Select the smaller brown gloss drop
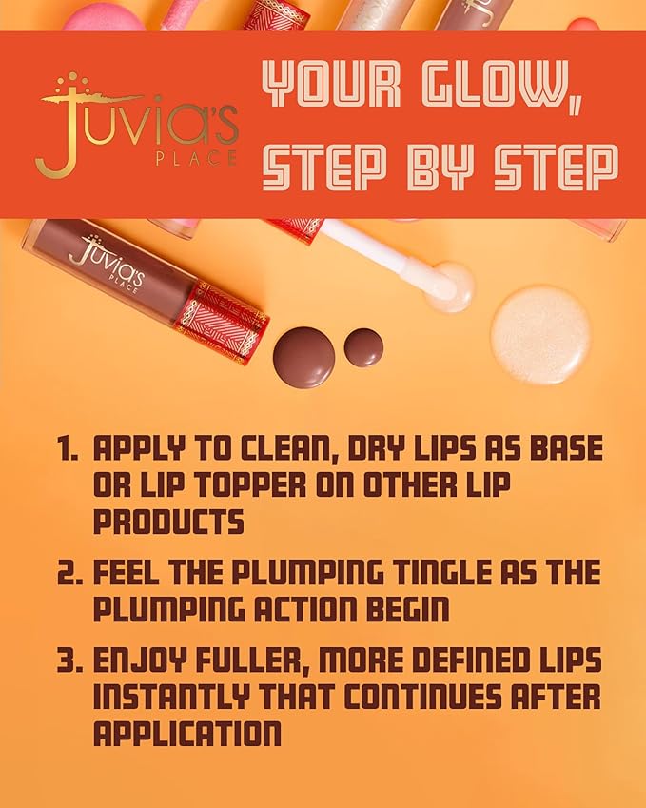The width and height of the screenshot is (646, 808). pos(363,347)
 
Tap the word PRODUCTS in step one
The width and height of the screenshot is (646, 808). pos(168,522)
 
